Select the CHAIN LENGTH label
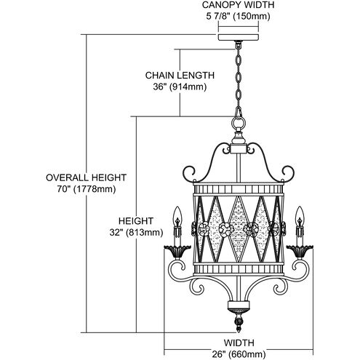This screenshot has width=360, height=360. [x=179, y=74]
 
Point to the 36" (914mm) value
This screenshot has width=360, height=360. [x=179, y=86]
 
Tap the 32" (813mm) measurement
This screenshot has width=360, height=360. [x=137, y=233]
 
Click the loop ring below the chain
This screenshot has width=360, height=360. [x=238, y=124]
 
